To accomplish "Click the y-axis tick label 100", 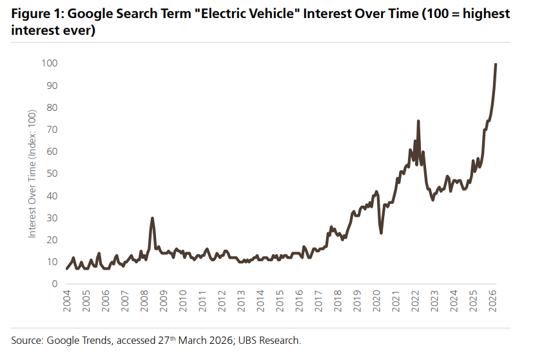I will click(50, 63).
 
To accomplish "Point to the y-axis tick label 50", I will click(52, 174).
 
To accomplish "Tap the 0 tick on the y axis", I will click(55, 284).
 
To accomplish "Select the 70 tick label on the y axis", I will click(52, 130).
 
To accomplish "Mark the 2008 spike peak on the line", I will click(152, 218).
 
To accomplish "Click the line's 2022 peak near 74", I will click(418, 121).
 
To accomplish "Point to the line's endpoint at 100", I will click(496, 63).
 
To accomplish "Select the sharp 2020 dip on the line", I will click(381, 233).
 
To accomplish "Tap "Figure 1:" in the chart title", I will click(35, 14).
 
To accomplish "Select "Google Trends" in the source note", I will click(72, 340).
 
